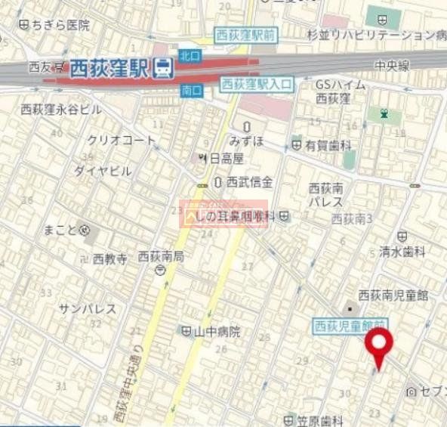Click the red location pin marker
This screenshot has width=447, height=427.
pyautogui.click(x=378, y=348)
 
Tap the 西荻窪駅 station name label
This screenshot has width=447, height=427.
pyautogui.click(x=109, y=70)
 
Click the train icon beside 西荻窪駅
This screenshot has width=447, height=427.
pyautogui.click(x=162, y=70)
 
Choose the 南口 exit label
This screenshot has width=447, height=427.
pyautogui.click(x=192, y=90)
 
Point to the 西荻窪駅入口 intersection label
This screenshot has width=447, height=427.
pyautogui.click(x=257, y=85)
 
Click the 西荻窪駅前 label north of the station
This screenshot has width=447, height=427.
pyautogui.click(x=245, y=35)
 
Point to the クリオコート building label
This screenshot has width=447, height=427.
pyautogui.click(x=121, y=140)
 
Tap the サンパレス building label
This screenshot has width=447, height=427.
pyautogui.click(x=88, y=308)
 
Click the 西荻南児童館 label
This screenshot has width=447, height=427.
pyautogui.click(x=393, y=295)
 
